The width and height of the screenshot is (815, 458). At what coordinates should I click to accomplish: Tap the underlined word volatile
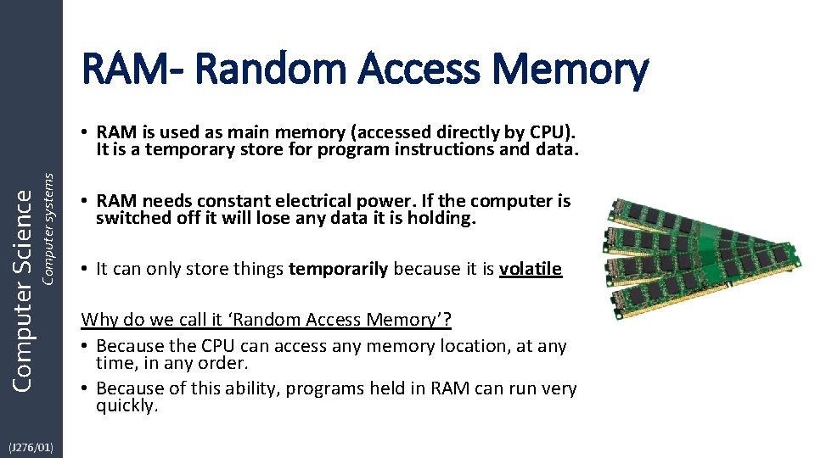[x=530, y=269]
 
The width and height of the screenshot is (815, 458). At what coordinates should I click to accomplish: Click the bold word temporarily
[x=339, y=269]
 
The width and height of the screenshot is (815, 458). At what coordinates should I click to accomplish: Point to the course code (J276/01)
[x=31, y=447]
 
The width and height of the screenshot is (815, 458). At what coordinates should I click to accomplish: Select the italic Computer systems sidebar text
[x=48, y=228]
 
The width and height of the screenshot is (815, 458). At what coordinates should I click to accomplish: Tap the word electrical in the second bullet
[x=318, y=201]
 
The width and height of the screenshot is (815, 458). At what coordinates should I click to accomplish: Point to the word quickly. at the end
[x=127, y=405]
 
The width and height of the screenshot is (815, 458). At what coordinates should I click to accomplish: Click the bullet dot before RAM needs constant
[x=86, y=202]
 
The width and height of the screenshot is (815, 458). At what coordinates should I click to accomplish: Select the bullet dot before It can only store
[x=86, y=270]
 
